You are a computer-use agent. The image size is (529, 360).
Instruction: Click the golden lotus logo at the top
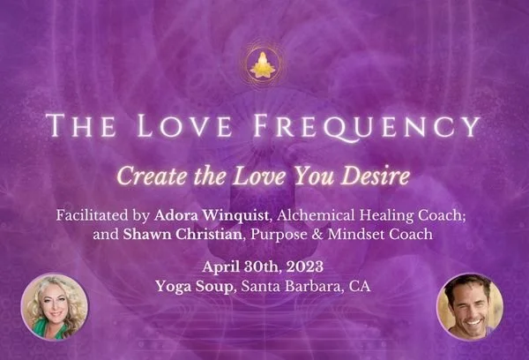[263, 64]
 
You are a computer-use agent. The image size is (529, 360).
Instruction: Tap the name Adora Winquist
[214, 214]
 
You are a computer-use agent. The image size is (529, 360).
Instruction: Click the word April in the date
[222, 266]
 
